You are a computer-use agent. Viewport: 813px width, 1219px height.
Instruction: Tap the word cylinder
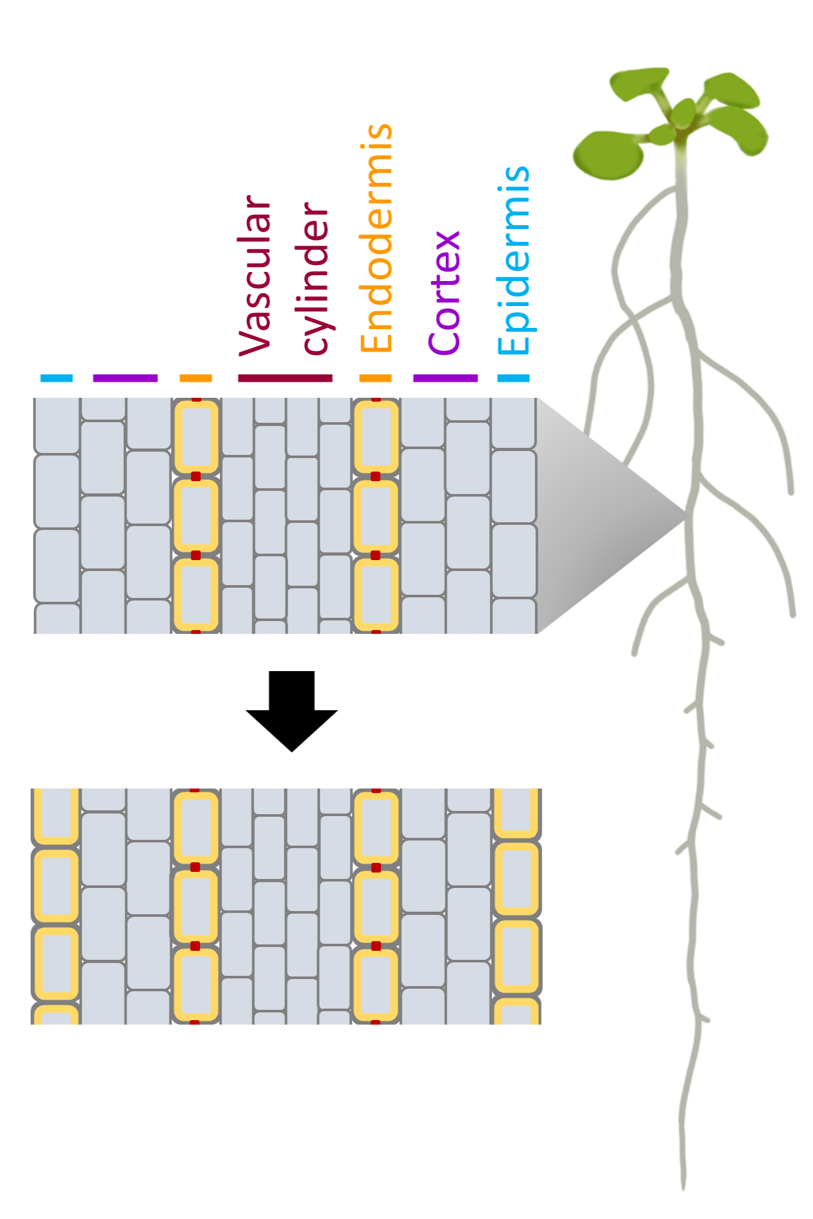tap(315, 277)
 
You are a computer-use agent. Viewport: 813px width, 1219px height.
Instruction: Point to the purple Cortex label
tap(445, 293)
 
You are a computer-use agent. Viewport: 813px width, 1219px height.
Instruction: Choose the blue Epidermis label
tap(514, 260)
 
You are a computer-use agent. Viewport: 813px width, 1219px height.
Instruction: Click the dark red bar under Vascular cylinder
tap(285, 378)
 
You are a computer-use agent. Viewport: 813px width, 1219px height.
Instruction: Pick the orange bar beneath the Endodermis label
tap(375, 378)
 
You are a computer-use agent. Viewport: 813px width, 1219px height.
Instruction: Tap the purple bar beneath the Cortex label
tap(445, 378)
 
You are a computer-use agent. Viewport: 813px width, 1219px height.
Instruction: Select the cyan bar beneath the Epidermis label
tap(514, 378)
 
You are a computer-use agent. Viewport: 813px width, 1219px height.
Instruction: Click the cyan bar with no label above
tap(56, 378)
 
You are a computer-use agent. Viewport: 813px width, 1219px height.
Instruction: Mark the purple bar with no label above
tap(125, 378)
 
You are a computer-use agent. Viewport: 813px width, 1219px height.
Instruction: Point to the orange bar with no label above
tap(196, 378)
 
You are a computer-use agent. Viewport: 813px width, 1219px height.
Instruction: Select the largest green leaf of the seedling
tap(606, 155)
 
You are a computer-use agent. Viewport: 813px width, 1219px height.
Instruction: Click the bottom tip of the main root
tap(683, 1187)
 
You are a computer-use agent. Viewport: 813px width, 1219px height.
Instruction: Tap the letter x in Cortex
tap(445, 241)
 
